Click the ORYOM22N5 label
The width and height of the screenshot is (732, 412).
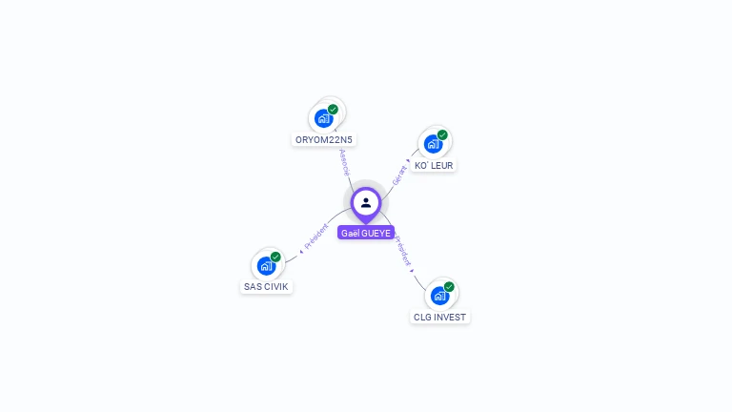(x=324, y=139)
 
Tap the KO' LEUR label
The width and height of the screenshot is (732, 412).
(x=434, y=165)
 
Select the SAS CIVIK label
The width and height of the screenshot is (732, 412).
(x=266, y=286)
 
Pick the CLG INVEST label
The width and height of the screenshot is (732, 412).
(x=440, y=317)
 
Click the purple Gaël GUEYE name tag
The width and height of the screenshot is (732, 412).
(x=366, y=233)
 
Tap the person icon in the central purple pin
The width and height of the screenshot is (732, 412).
(x=366, y=202)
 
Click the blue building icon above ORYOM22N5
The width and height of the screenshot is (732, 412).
(x=324, y=118)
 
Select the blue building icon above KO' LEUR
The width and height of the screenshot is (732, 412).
(x=434, y=144)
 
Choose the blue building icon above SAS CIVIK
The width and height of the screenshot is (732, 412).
(x=266, y=265)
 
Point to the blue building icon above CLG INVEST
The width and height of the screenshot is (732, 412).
(x=439, y=295)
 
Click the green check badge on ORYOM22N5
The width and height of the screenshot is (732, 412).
(x=333, y=109)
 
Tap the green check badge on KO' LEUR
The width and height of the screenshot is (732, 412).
(x=442, y=135)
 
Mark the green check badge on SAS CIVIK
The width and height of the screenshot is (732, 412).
(x=275, y=257)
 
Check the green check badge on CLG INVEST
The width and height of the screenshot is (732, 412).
(x=449, y=286)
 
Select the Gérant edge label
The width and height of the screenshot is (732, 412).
(x=399, y=175)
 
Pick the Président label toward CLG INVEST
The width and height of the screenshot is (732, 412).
(x=403, y=250)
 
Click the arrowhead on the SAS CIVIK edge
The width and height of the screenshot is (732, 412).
(x=301, y=251)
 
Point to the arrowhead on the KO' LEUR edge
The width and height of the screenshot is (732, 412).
(x=410, y=161)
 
